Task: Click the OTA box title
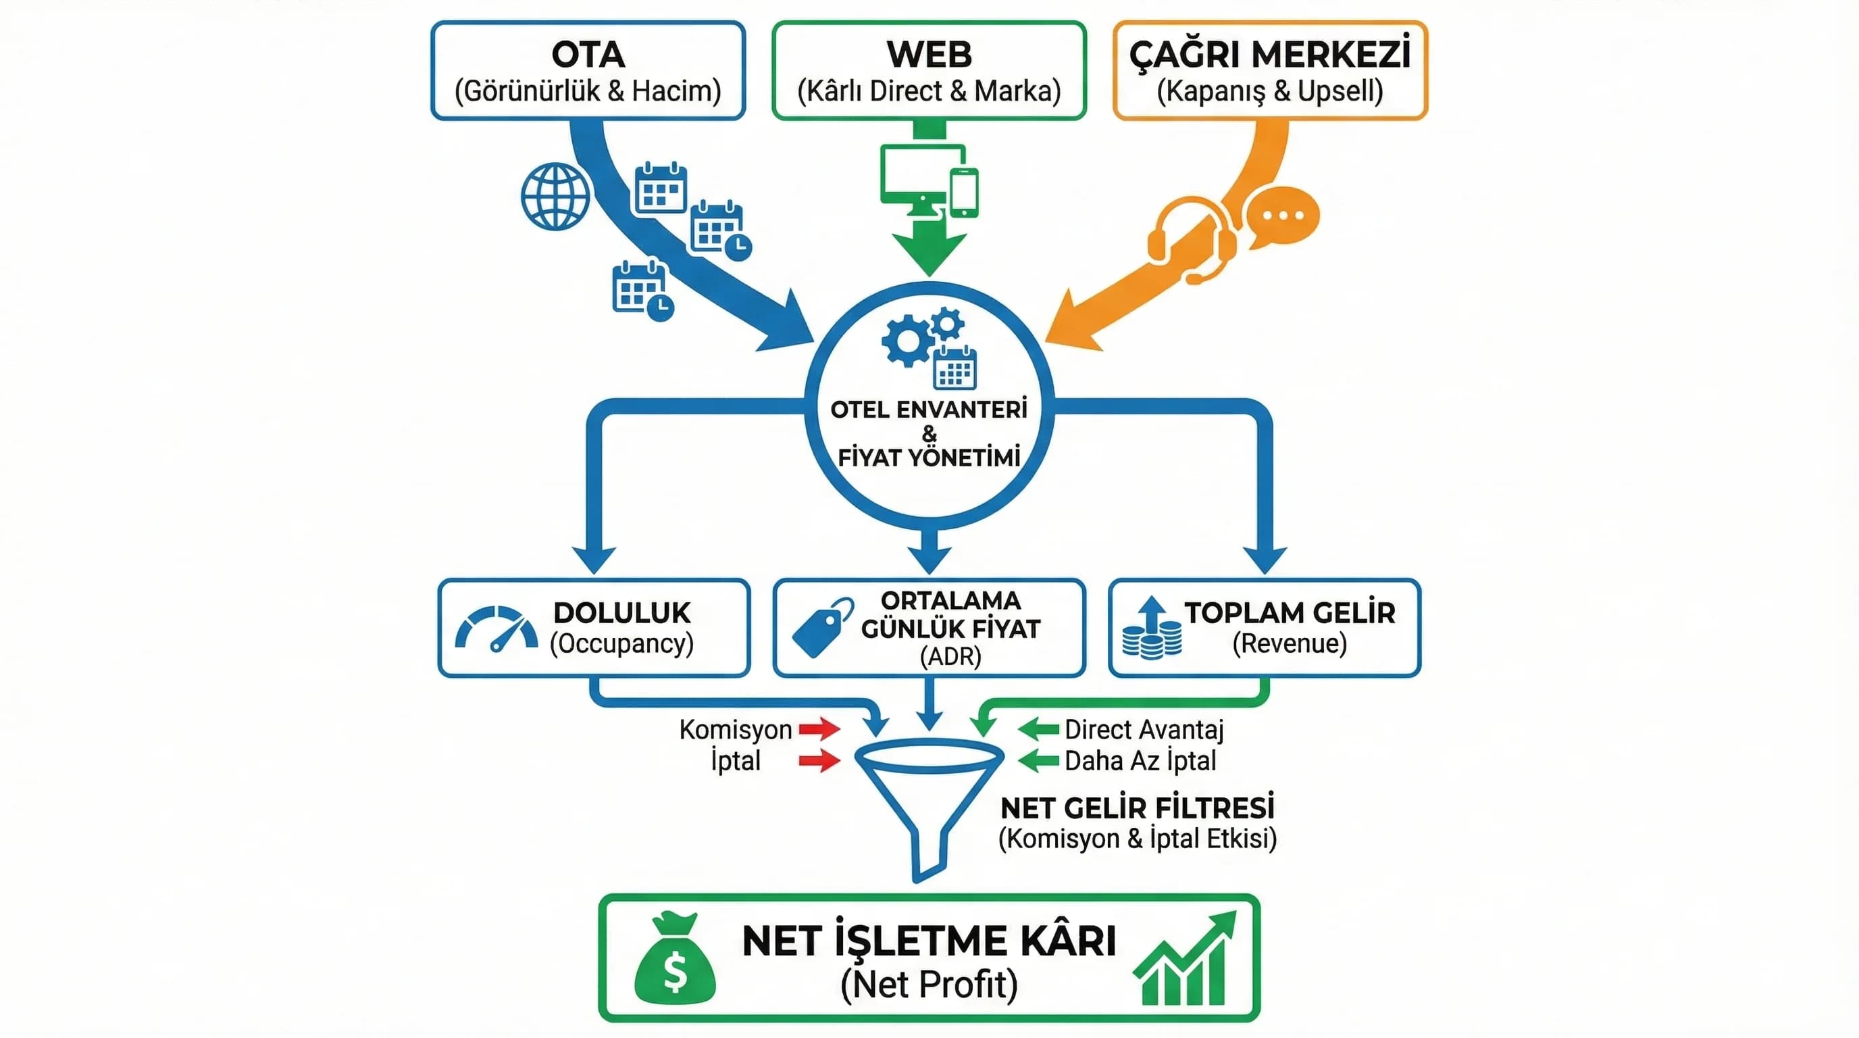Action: (588, 54)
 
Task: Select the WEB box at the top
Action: (929, 70)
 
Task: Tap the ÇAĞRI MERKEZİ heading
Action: (1269, 54)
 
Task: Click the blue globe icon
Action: (555, 197)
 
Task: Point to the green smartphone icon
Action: (964, 192)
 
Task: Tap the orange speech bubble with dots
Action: (1282, 216)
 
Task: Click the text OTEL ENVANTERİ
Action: (929, 410)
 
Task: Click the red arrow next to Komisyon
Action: (819, 729)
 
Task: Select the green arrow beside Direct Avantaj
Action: (1038, 729)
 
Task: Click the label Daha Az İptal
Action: (1140, 761)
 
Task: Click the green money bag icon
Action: (675, 960)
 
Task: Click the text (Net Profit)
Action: (929, 985)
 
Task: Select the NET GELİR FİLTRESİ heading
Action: (1138, 808)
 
